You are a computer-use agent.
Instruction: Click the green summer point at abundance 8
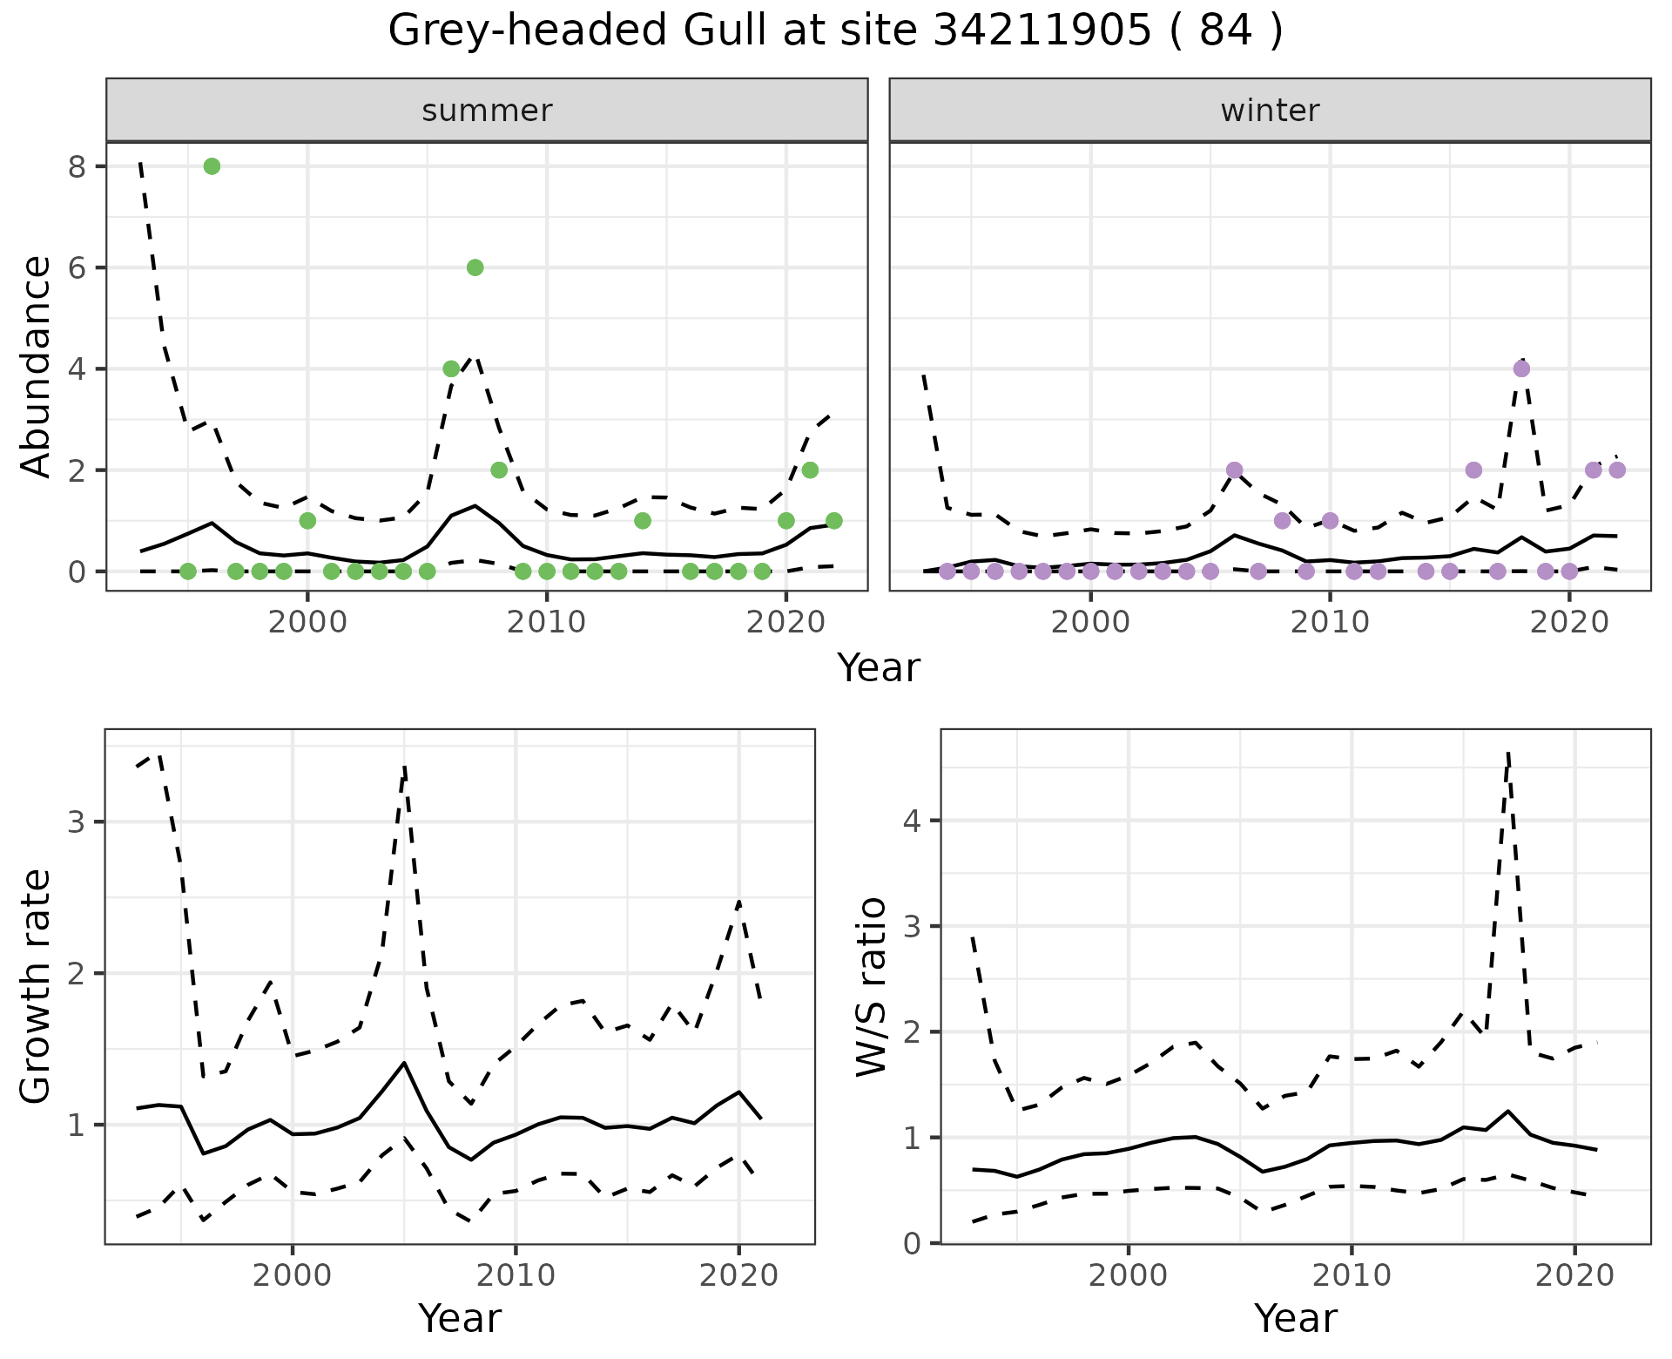tap(212, 166)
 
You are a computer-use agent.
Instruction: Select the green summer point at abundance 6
tap(475, 267)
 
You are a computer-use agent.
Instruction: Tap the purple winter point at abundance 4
tap(1521, 368)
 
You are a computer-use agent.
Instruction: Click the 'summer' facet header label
tap(487, 111)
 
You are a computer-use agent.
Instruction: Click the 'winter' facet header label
tap(1270, 111)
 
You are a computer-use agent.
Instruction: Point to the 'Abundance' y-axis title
tap(37, 366)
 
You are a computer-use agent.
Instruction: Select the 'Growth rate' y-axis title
tap(37, 987)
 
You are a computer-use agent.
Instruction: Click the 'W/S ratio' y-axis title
tap(872, 987)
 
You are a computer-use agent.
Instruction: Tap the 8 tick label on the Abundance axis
tap(77, 166)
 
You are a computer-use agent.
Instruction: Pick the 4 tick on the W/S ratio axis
tap(913, 821)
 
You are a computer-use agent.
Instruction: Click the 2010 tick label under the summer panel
tap(546, 624)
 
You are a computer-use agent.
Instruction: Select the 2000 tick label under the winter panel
tap(1090, 624)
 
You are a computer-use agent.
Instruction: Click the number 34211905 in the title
tap(1042, 31)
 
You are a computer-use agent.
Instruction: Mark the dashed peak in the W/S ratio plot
tap(1507, 753)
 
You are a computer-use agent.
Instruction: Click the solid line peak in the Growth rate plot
tap(404, 1063)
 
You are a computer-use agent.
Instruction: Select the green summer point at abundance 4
tap(451, 368)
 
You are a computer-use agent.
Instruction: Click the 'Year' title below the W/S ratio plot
tap(1295, 1318)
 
